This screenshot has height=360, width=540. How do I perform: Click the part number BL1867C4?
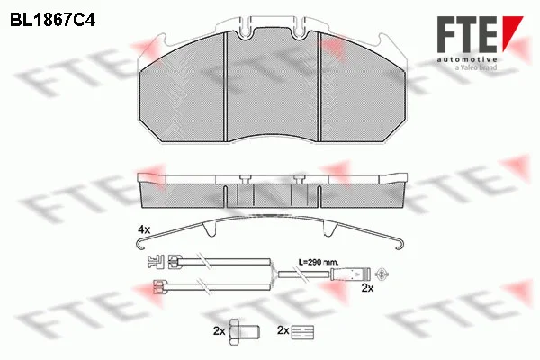(52, 21)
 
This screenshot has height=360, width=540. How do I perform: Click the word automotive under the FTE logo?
(467, 59)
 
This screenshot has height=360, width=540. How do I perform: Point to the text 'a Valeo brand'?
(476, 67)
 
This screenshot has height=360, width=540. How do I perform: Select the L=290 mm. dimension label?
(319, 262)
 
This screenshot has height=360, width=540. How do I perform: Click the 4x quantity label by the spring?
(144, 229)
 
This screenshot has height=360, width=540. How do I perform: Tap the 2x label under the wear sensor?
(367, 288)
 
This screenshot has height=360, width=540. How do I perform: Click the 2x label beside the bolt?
(219, 331)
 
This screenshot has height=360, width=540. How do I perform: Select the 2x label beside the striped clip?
(283, 330)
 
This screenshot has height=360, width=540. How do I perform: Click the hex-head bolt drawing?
(245, 332)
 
